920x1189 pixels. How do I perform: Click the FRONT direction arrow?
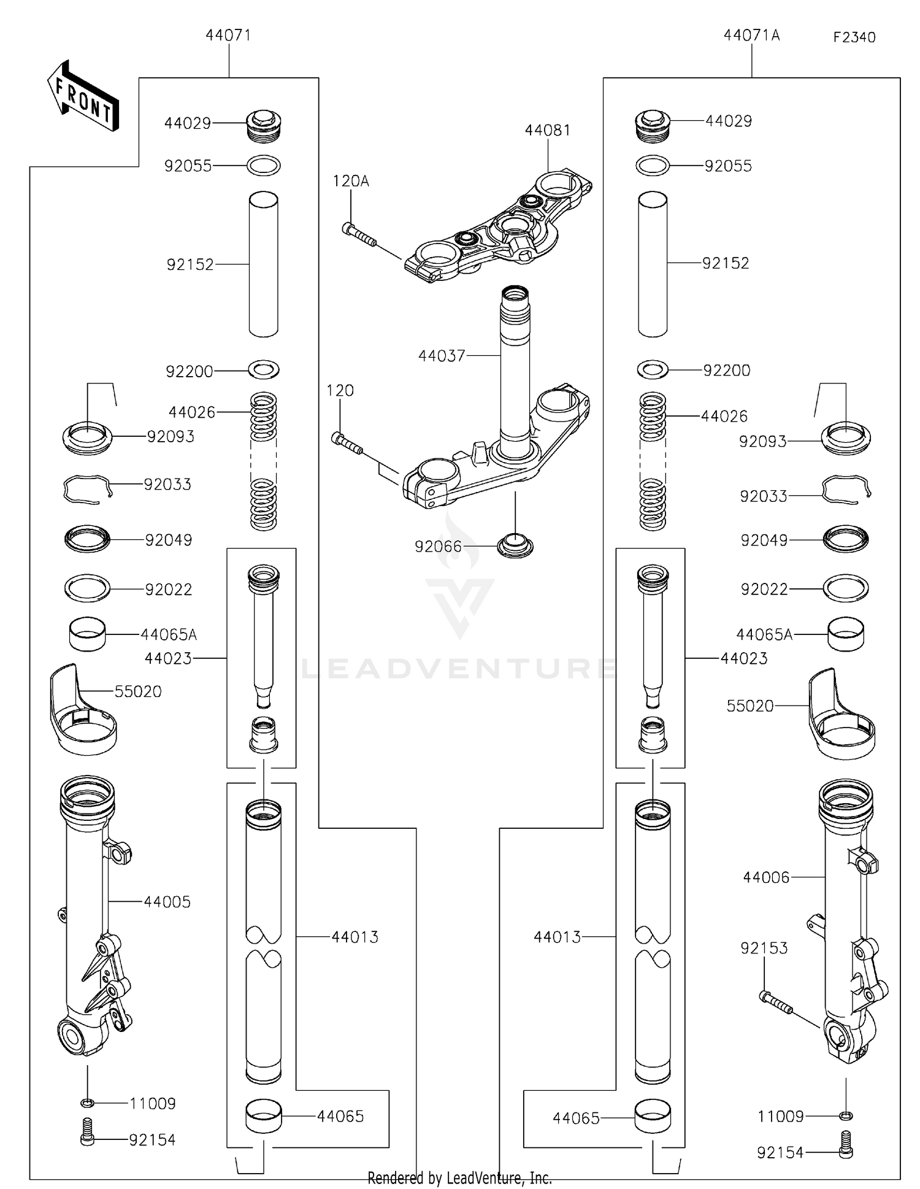(83, 97)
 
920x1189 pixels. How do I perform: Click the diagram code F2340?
(854, 37)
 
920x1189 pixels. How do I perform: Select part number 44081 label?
(547, 130)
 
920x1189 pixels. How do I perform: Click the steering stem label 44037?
(442, 356)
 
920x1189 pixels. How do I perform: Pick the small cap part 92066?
(515, 545)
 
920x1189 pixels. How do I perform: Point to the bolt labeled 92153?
(776, 1004)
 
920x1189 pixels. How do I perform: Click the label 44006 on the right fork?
(765, 877)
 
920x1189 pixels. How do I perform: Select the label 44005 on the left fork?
(167, 902)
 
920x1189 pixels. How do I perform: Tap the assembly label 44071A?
(751, 36)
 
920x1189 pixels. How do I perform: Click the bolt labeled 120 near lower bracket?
(347, 445)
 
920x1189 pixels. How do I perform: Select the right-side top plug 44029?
(652, 125)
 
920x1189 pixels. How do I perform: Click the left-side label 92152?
(190, 264)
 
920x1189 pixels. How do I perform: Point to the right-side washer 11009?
(846, 1115)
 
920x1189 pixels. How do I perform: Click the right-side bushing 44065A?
(846, 634)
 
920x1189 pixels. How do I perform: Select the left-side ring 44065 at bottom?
(264, 1116)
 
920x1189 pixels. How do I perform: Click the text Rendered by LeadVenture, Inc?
(459, 1178)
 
